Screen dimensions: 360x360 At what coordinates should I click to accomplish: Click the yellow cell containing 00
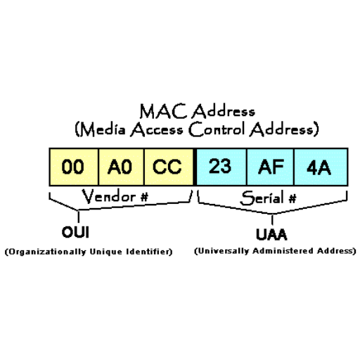pos(74,167)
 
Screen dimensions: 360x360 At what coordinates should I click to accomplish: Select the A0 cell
pos(121,167)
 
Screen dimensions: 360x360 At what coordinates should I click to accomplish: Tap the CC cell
pos(169,167)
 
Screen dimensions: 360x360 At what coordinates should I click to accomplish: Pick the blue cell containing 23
pos(221,167)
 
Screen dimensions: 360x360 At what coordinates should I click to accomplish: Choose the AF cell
pos(270,167)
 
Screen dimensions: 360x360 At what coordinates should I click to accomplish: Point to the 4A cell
pos(321,167)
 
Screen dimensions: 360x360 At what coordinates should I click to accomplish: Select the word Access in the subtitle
pos(157,129)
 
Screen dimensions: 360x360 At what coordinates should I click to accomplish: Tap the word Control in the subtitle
pos(217,129)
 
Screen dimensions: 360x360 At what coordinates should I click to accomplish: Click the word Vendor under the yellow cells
pos(108,196)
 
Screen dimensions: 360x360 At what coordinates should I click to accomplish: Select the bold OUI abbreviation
pos(75,232)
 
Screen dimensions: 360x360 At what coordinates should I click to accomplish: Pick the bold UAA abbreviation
pos(271,234)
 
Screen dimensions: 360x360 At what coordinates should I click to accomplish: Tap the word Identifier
pos(148,252)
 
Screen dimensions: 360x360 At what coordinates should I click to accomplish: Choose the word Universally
pos(224,251)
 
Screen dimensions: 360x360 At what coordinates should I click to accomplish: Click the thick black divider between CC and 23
pos(195,167)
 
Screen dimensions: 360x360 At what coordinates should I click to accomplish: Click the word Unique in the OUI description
pos(106,252)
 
